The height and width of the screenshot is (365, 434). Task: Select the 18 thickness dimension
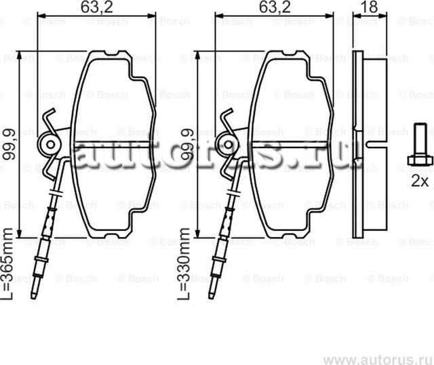[370, 8]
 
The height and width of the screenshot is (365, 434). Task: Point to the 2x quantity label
[420, 181]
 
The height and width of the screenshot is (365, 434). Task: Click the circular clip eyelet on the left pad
[50, 144]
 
